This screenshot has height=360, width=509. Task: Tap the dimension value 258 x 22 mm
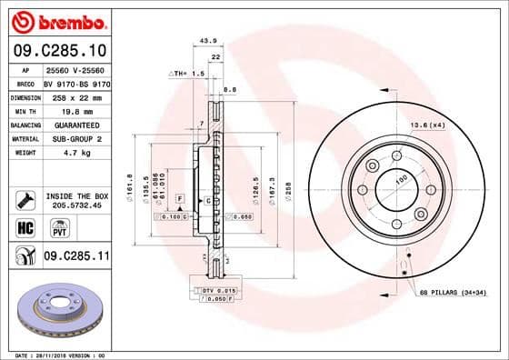(67, 96)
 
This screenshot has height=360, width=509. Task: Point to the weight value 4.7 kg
(57, 153)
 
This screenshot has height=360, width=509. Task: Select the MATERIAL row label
(24, 138)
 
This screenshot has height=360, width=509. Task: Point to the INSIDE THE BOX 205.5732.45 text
(76, 200)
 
